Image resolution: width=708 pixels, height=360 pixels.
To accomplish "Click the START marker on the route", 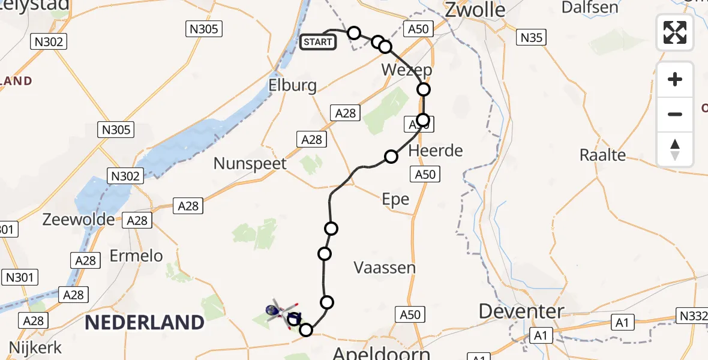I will click(x=317, y=42).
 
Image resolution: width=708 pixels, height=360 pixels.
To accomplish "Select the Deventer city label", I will click(x=521, y=311).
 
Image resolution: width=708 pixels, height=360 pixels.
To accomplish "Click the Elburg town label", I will click(x=293, y=85).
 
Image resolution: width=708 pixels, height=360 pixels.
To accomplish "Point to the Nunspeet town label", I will click(x=250, y=164).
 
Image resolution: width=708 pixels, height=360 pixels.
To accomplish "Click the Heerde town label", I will click(x=436, y=151).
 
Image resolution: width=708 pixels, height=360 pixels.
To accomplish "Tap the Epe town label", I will click(x=395, y=199).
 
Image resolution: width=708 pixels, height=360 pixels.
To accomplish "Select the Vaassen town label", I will click(x=385, y=268).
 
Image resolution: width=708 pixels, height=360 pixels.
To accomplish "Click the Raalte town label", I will click(x=602, y=155).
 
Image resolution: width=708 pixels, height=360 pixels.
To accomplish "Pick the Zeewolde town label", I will click(x=79, y=220).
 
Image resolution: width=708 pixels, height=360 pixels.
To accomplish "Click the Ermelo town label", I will click(x=136, y=256).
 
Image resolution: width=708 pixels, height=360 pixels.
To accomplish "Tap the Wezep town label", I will click(x=407, y=70).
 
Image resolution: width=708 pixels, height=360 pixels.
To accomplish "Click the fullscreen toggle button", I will click(x=675, y=32).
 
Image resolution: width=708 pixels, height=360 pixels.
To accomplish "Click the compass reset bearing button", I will click(x=675, y=149).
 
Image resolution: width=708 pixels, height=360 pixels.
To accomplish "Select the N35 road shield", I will click(x=530, y=38).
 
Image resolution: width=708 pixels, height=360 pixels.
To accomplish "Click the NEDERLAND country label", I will click(x=144, y=323).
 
